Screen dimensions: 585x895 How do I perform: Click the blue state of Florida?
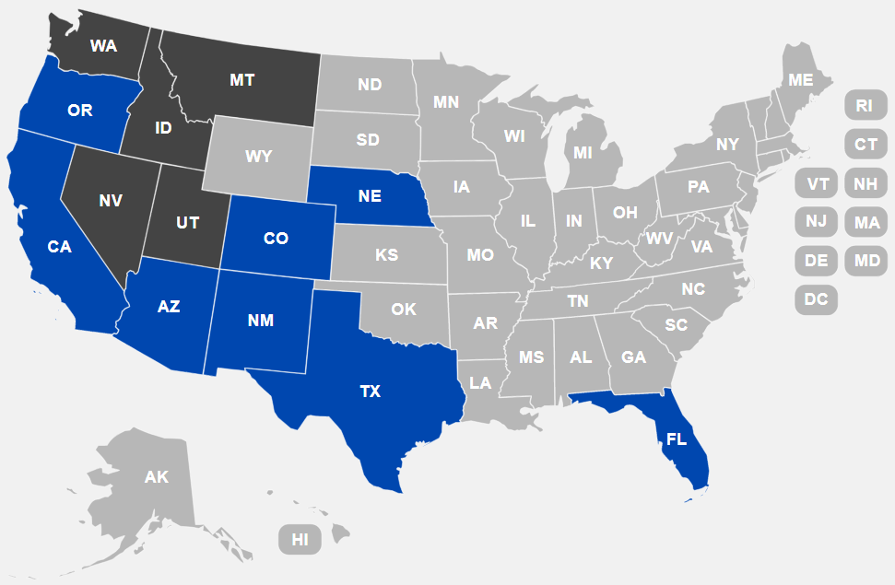[x=677, y=439]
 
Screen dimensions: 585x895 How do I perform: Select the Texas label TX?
[x=370, y=392]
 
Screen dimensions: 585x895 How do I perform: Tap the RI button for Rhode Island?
[x=864, y=105]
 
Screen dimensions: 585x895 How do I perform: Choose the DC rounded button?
[x=816, y=298]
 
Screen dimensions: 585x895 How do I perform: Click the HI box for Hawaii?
[x=300, y=540]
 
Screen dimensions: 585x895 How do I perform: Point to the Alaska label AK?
[x=157, y=477]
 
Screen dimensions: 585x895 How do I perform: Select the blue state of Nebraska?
[x=370, y=195]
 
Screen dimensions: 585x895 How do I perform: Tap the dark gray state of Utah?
[x=187, y=222]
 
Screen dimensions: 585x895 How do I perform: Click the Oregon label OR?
[x=80, y=111]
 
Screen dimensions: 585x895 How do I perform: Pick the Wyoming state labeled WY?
[x=259, y=156]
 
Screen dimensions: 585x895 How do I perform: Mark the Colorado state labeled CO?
[x=276, y=239]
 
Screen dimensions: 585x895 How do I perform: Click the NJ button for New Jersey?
[x=816, y=221]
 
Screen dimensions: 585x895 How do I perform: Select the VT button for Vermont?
[x=818, y=183]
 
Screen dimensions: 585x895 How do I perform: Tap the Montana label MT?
[x=241, y=80]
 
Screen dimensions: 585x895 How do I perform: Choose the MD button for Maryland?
[x=866, y=260]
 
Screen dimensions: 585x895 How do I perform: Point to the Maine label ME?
[x=800, y=80]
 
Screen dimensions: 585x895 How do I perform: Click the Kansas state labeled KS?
[x=386, y=254]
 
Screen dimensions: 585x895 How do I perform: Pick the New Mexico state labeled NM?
[x=261, y=321]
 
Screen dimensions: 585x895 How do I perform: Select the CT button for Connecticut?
[x=866, y=144]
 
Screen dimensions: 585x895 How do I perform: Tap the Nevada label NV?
[x=111, y=200]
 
